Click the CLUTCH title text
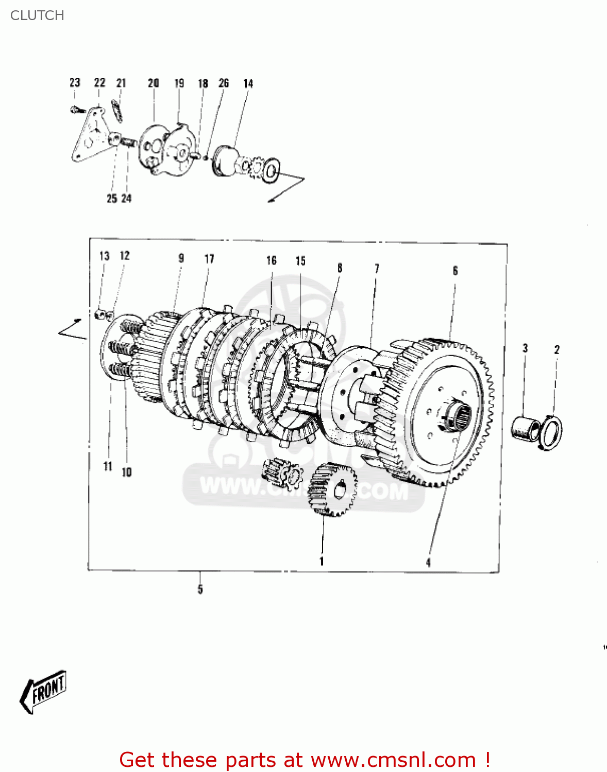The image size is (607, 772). click(37, 15)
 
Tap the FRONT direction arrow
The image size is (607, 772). click(44, 691)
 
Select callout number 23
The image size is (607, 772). click(75, 83)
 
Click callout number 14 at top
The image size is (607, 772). click(248, 83)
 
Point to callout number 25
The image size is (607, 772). click(111, 198)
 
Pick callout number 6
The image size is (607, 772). click(455, 271)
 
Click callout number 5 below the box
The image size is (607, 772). click(200, 589)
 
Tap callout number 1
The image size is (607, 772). click(322, 561)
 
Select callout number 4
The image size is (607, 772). click(428, 563)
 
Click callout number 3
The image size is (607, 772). click(525, 348)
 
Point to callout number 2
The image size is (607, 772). click(557, 349)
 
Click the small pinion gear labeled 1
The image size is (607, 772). click(332, 489)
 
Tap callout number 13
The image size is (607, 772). click(105, 256)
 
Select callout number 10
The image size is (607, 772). click(127, 472)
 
